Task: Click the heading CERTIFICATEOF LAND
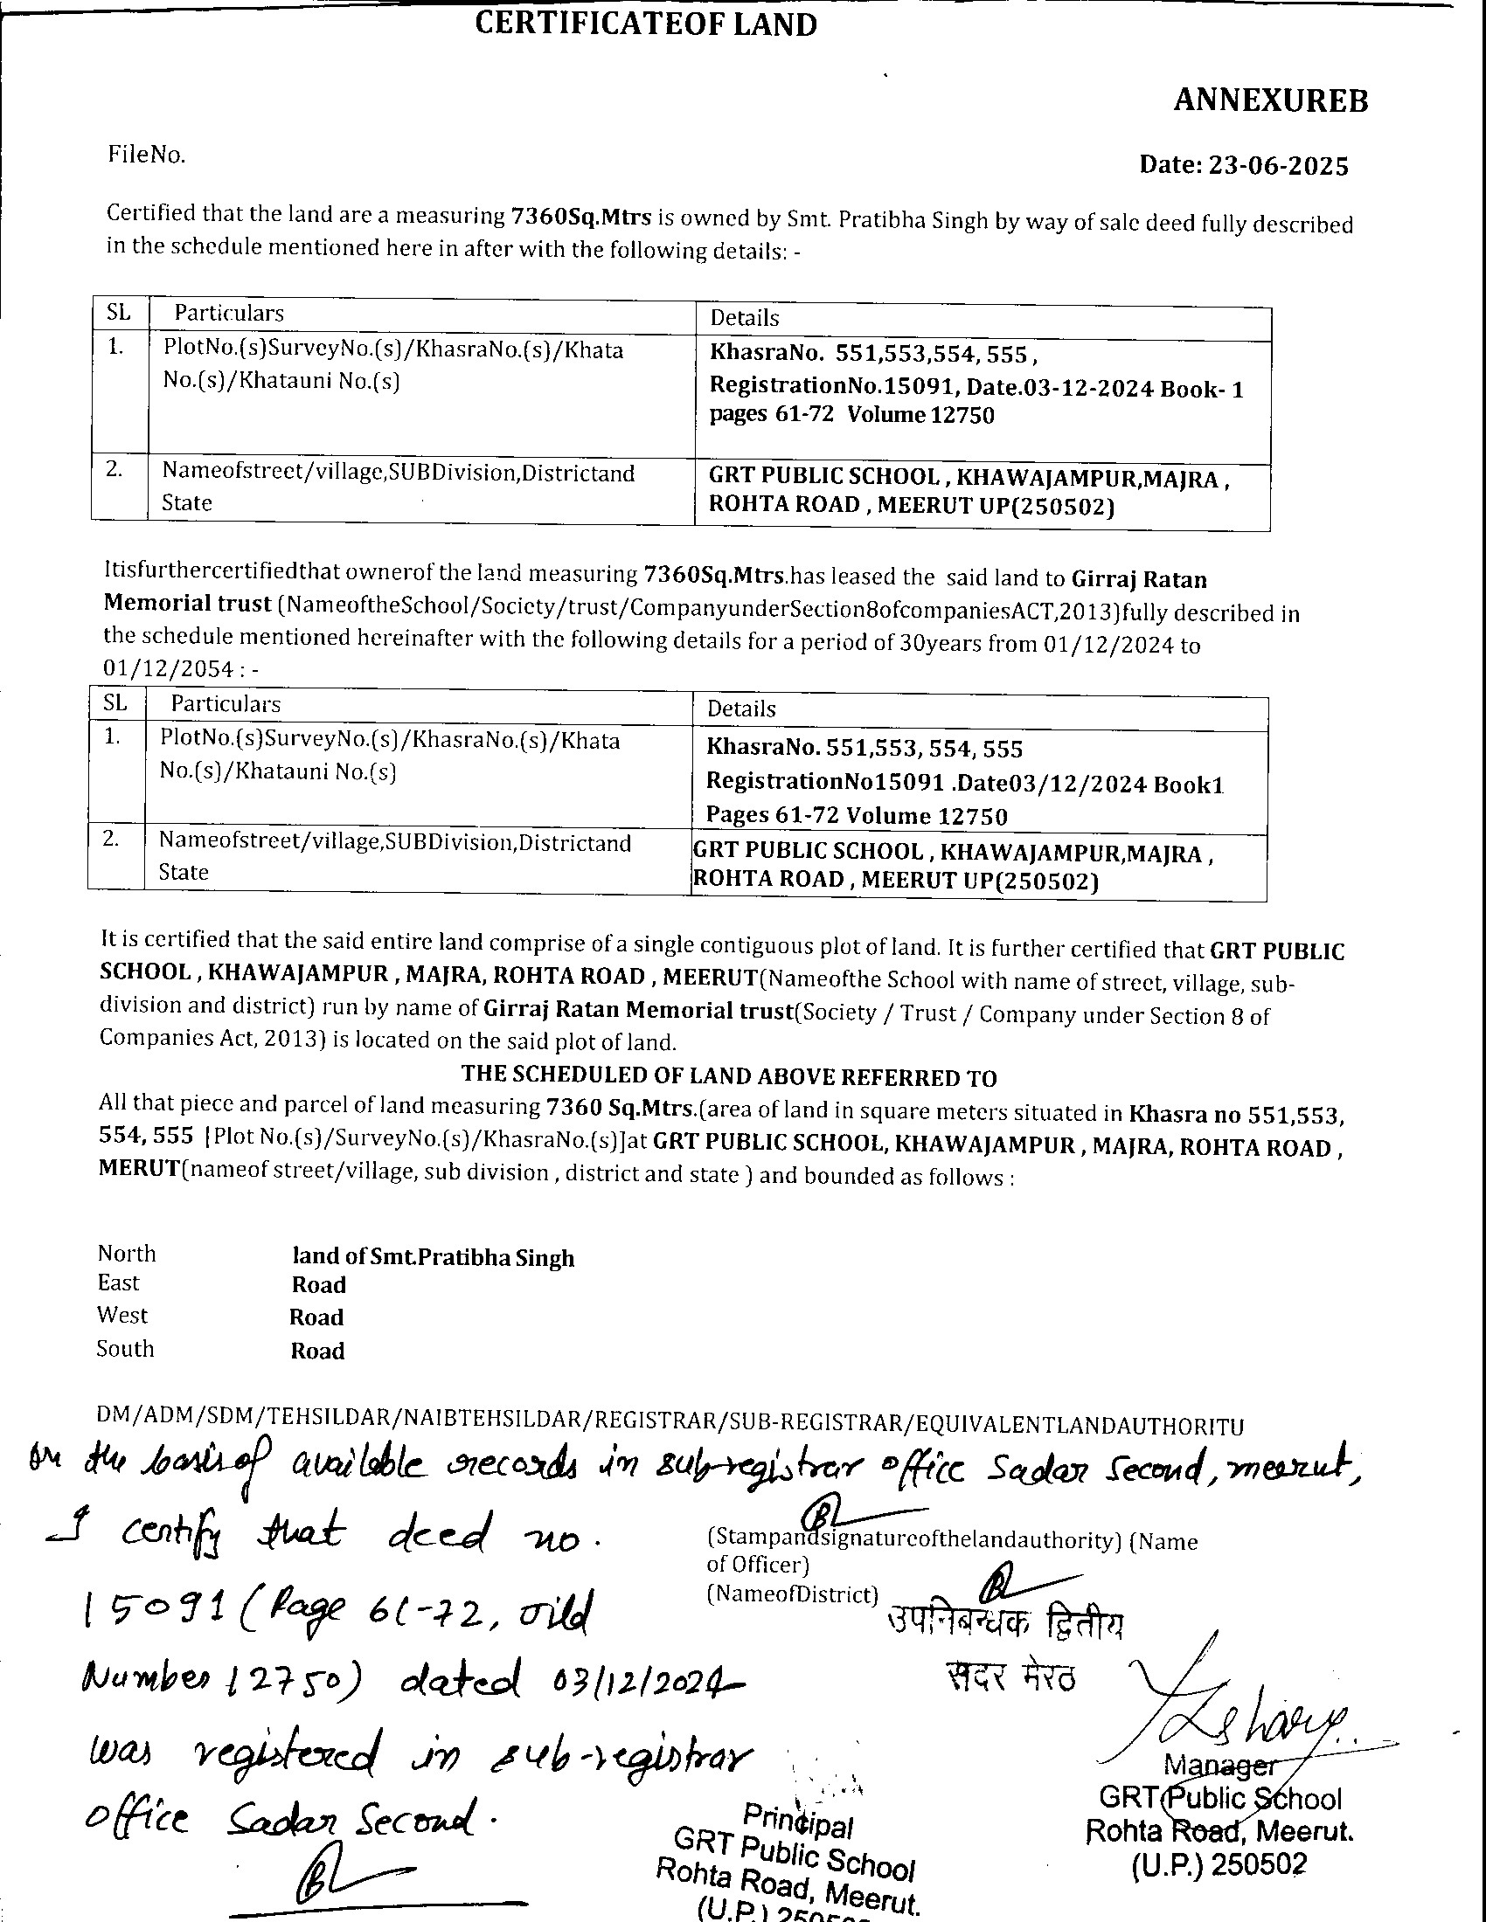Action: [x=645, y=24]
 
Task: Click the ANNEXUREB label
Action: [x=1270, y=101]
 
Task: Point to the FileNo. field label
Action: [x=146, y=156]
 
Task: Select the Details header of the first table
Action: [x=744, y=318]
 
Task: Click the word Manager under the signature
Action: [x=1219, y=1765]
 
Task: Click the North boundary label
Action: [x=127, y=1253]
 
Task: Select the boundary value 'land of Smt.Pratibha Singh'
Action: [x=433, y=1257]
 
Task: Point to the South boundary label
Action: [x=125, y=1349]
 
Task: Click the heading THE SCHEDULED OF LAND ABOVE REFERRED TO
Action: [x=729, y=1077]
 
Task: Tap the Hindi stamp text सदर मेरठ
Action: [x=1010, y=1677]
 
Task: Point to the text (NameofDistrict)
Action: [x=792, y=1594]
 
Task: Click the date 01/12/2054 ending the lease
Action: [x=168, y=669]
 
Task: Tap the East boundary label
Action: [x=119, y=1283]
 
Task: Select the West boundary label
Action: [x=122, y=1316]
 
